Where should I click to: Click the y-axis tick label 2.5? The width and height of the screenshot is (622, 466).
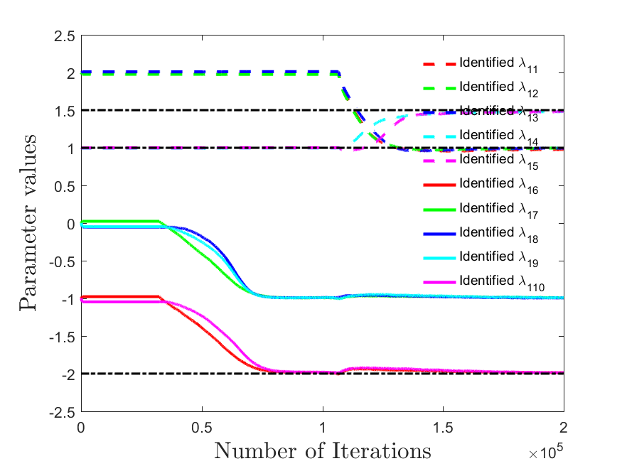click(65, 36)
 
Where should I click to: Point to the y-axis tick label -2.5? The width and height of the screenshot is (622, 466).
click(63, 413)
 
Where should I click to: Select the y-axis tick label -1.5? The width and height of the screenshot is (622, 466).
click(63, 337)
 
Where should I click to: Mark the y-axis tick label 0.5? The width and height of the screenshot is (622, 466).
click(65, 187)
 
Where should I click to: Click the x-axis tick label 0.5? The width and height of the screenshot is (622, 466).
click(202, 428)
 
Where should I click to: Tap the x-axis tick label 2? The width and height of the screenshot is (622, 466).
click(563, 428)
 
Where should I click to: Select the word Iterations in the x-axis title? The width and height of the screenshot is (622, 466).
click(381, 451)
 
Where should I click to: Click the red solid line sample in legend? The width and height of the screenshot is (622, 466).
click(439, 185)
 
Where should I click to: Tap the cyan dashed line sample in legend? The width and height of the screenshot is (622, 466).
click(439, 136)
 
